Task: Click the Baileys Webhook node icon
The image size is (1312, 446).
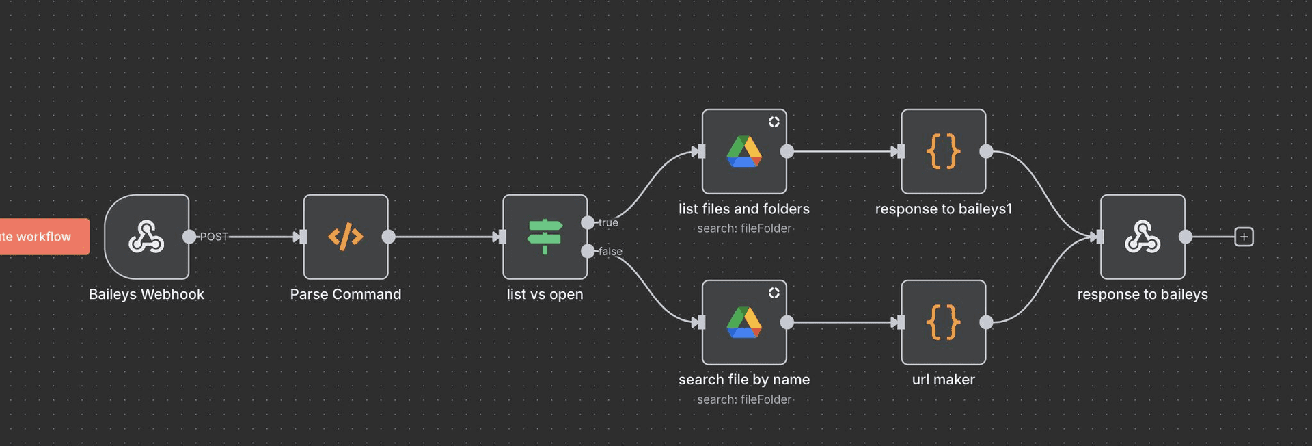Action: click(x=146, y=237)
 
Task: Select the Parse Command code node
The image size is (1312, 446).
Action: click(x=346, y=237)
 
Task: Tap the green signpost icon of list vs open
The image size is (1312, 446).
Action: click(x=545, y=237)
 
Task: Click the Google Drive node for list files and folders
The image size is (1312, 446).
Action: click(x=744, y=151)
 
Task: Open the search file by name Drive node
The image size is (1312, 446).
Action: click(x=744, y=322)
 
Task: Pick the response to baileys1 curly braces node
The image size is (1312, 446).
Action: click(x=943, y=151)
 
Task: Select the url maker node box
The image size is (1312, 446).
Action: click(x=943, y=322)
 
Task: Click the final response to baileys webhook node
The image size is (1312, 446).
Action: click(x=1143, y=237)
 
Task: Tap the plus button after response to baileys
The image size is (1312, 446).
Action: click(x=1244, y=237)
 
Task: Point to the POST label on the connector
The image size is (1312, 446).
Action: click(x=214, y=237)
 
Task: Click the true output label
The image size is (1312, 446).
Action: click(x=608, y=223)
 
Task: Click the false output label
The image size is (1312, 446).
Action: click(x=610, y=252)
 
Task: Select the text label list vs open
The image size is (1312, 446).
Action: click(x=545, y=294)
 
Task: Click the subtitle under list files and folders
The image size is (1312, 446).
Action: click(x=744, y=228)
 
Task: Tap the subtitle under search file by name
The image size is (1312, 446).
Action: click(x=744, y=399)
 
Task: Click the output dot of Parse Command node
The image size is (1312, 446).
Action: click(x=389, y=237)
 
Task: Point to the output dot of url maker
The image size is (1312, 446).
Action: click(x=986, y=322)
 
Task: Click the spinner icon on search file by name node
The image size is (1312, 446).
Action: click(x=774, y=293)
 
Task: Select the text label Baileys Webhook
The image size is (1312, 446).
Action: click(x=146, y=294)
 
